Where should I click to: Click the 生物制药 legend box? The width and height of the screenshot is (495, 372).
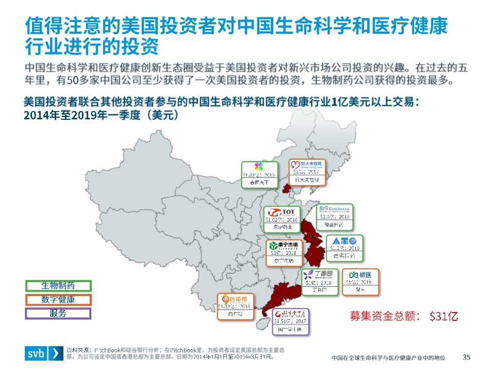(x=58, y=286)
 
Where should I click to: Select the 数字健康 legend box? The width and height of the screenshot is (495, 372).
(x=58, y=300)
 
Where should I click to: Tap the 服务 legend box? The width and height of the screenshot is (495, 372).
(x=58, y=313)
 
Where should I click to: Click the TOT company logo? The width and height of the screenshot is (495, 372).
(x=281, y=212)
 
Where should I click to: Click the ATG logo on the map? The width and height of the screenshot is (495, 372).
(x=344, y=241)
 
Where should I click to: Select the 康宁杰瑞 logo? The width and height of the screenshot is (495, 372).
(x=283, y=245)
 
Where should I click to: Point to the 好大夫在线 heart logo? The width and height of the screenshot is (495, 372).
(x=307, y=165)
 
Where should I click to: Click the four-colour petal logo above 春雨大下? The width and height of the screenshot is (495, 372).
(x=260, y=166)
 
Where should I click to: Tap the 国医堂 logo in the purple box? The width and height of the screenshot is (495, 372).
(x=291, y=314)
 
